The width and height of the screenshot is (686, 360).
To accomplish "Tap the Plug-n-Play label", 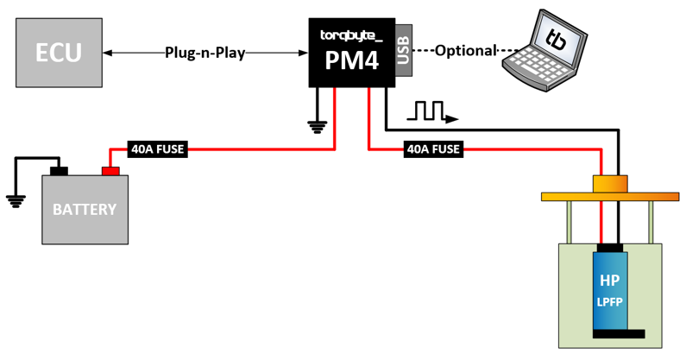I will [205, 53].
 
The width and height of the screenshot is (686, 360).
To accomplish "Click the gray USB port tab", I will [404, 51].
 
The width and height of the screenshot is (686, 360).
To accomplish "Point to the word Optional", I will [466, 50].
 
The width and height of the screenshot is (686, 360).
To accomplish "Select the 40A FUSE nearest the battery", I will [157, 148].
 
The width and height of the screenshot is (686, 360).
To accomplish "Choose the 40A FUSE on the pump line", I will [432, 148].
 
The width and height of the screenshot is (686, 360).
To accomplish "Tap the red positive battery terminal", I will [110, 170].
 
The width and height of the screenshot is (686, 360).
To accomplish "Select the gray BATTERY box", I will [85, 210].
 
